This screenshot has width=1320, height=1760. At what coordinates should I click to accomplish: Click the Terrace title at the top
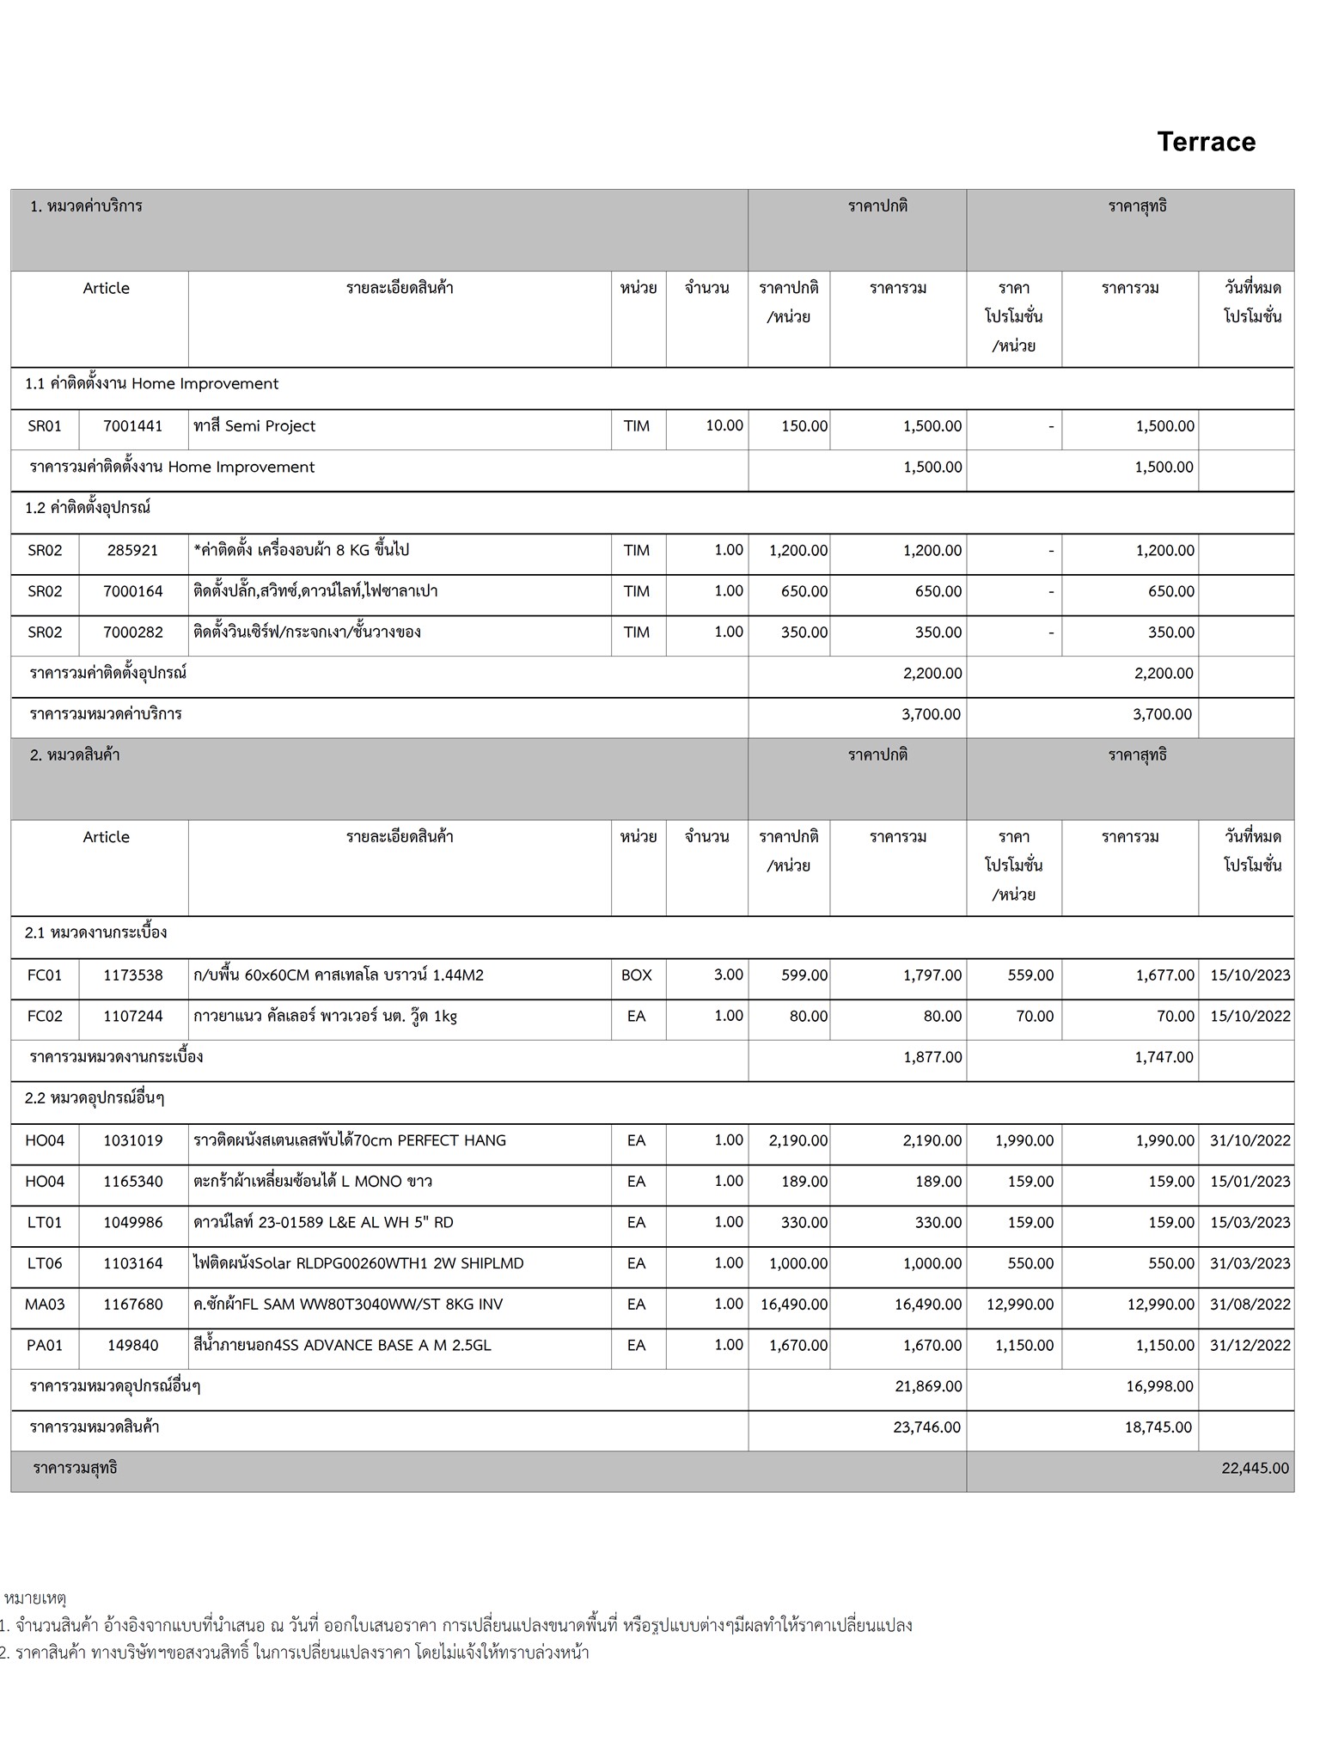1206,142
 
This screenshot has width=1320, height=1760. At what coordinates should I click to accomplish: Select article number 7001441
132,426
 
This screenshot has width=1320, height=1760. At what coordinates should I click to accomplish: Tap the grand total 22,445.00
1255,1468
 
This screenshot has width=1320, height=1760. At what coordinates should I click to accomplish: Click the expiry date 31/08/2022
1250,1305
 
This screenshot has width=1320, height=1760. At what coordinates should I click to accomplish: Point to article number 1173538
132,975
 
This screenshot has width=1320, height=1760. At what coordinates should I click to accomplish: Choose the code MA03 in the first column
45,1305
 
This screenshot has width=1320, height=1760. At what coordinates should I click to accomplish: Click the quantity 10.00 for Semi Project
724,426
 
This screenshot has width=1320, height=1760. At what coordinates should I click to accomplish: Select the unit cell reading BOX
636,975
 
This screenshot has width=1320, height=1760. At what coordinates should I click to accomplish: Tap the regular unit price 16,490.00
793,1305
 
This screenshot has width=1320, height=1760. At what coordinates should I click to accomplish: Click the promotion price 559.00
1030,975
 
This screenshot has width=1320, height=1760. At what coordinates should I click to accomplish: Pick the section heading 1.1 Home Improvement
152,384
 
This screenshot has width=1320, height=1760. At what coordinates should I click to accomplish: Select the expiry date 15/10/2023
1250,975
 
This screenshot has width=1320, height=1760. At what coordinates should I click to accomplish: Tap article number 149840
132,1345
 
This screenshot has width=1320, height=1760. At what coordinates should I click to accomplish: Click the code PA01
45,1345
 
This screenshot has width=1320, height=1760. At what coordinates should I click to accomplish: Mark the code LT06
45,1263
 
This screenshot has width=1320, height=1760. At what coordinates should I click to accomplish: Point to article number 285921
132,551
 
